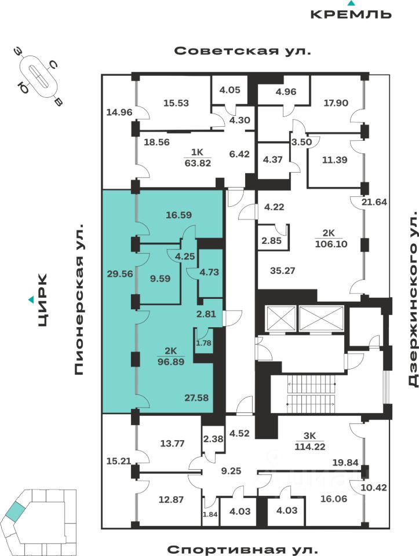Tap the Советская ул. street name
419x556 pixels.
[x=243, y=51]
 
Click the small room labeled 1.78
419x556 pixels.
[x=218, y=344]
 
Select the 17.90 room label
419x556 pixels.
[x=336, y=103]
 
